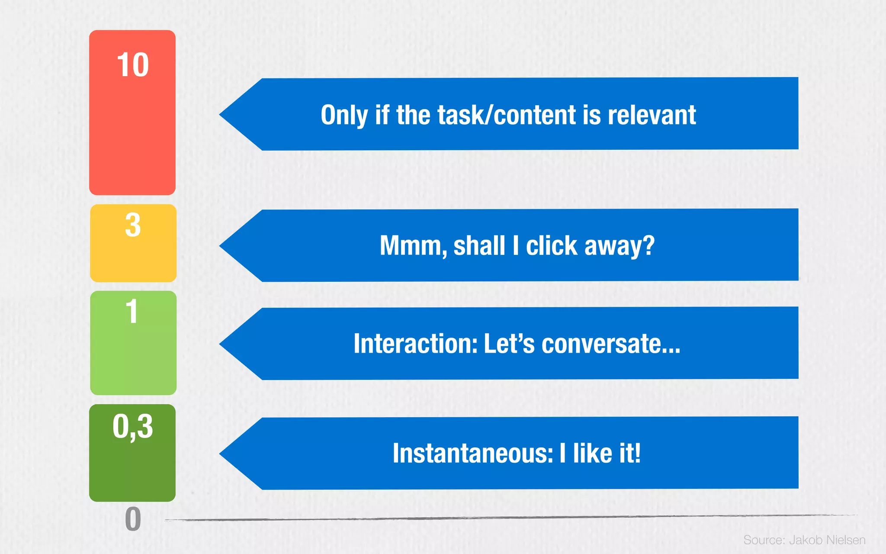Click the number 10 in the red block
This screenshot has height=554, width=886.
point(132,65)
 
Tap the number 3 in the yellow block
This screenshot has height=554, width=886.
point(133,225)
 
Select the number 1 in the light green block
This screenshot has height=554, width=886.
point(132,311)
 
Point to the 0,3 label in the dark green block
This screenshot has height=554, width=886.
point(132,427)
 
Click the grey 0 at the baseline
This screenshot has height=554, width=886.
point(133,519)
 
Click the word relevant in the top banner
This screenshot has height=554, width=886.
point(652,115)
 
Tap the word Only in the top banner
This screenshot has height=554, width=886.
point(344,115)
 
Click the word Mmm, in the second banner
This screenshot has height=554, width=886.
point(413,246)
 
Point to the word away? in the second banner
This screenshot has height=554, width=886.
point(619,246)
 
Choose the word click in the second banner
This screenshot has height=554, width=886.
point(551,246)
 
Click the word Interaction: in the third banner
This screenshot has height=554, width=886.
point(415,344)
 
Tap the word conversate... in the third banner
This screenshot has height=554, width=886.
point(610,344)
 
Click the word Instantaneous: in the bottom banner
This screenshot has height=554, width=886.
point(472,454)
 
